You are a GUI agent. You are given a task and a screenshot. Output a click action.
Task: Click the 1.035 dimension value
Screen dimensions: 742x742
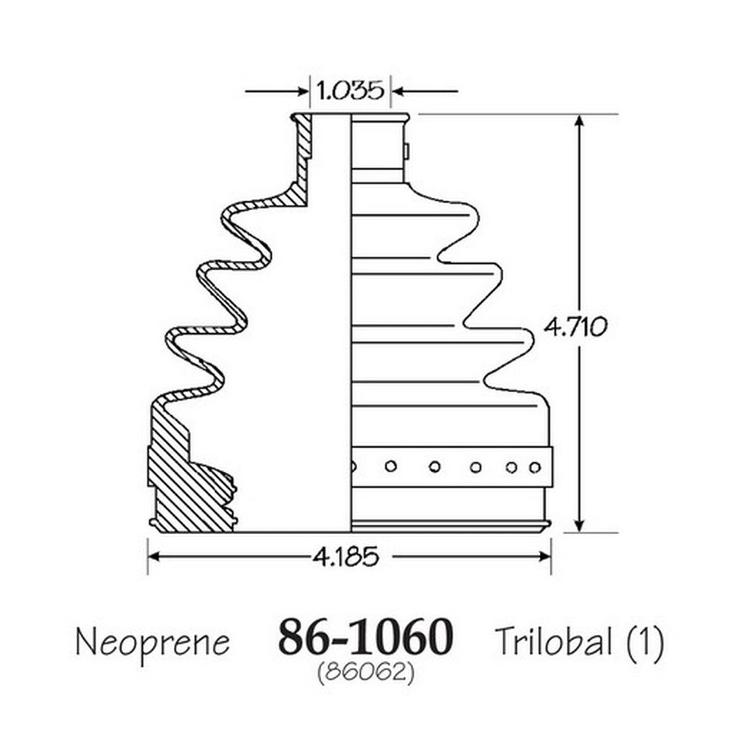pos(350,91)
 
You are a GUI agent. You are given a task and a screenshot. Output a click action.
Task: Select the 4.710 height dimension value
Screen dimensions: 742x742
pos(575,327)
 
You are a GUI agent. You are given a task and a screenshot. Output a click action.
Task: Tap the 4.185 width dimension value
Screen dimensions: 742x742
pos(346,556)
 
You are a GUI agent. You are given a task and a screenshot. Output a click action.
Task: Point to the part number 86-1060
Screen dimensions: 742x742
pos(365,636)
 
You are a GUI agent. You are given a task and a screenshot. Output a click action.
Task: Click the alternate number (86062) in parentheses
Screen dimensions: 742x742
pos(366,672)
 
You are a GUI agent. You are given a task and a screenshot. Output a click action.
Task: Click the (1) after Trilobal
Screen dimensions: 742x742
pos(646,642)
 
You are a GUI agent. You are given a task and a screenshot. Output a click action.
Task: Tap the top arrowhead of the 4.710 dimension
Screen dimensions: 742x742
pos(579,121)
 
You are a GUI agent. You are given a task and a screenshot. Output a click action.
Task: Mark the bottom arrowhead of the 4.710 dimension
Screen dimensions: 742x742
pos(579,525)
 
